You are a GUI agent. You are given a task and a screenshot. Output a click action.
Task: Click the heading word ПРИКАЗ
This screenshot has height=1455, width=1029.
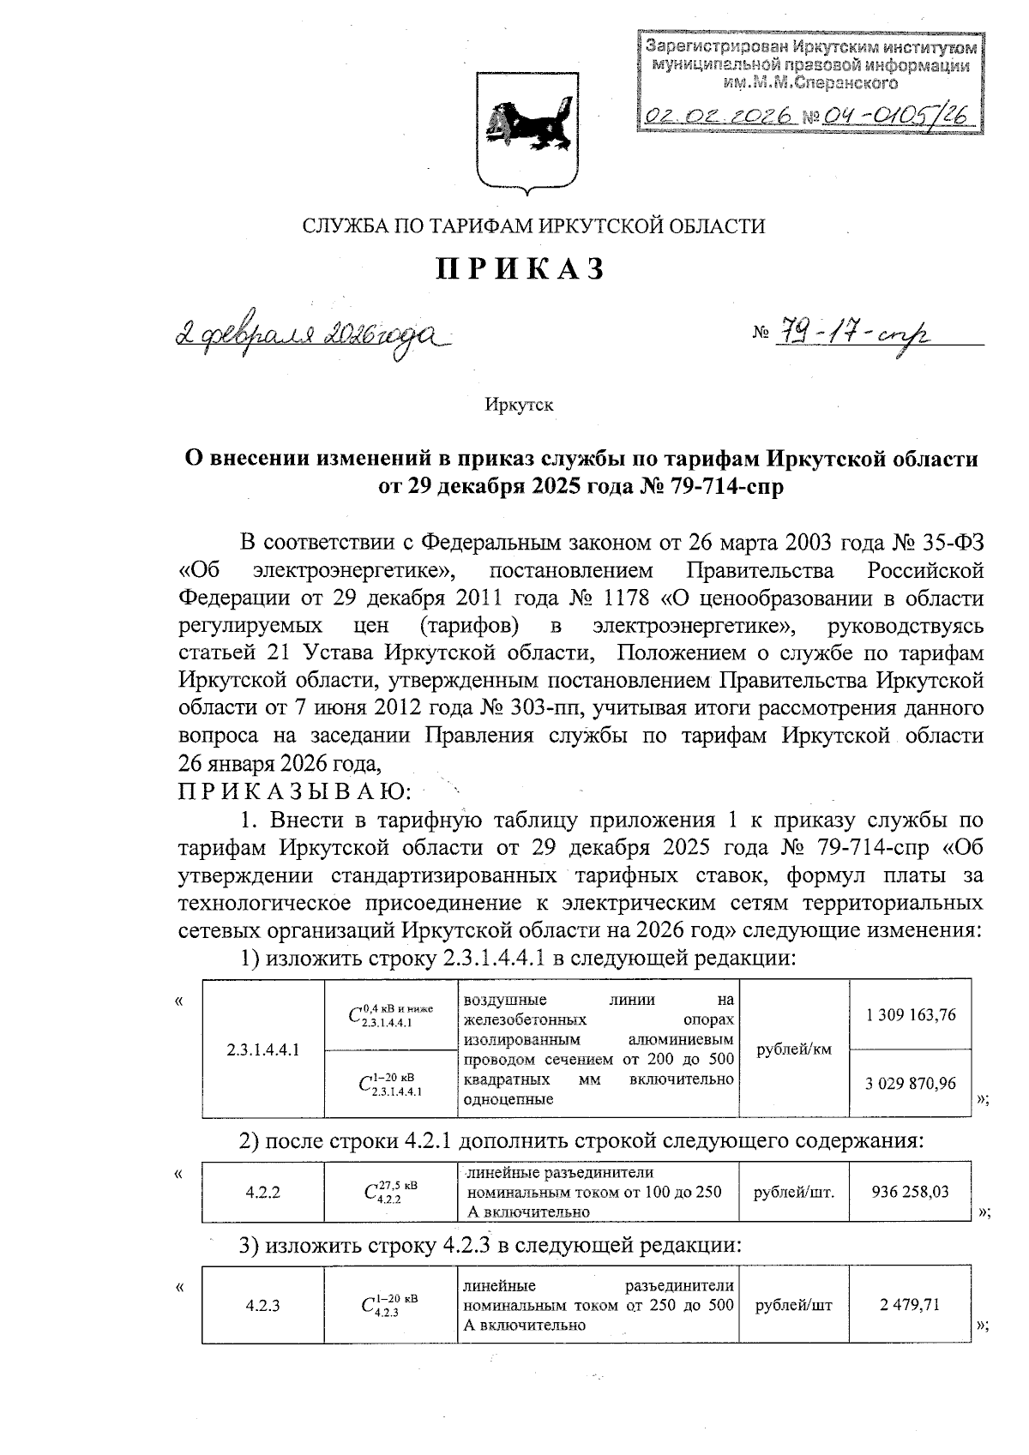point(521,269)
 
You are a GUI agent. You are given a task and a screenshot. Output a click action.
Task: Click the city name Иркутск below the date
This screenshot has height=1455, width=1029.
point(519,405)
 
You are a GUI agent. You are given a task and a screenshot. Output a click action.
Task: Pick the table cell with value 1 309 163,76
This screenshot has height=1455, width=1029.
point(910,1015)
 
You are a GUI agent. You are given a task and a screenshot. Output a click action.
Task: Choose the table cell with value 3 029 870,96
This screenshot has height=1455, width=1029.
point(910,1084)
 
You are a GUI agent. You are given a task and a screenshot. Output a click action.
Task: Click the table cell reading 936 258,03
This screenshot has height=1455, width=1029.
point(910,1192)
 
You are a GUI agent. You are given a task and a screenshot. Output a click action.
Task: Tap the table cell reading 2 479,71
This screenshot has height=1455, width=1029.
point(910,1305)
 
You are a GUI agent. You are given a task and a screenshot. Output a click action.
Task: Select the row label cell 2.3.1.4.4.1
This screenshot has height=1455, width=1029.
point(263,1049)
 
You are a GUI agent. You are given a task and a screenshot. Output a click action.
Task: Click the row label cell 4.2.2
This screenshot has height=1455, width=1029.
point(263,1192)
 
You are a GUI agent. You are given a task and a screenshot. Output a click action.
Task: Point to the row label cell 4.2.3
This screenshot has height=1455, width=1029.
point(263,1305)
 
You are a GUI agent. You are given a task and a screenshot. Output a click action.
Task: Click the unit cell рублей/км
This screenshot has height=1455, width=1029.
point(793,1049)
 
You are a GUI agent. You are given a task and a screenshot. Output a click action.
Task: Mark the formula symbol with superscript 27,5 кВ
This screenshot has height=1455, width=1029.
point(390,1192)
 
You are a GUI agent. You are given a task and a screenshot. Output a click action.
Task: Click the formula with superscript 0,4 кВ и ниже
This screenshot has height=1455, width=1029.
point(390,1015)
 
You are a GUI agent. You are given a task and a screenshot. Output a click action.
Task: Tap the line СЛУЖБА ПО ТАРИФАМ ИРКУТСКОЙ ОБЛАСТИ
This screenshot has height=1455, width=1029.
point(533,226)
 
